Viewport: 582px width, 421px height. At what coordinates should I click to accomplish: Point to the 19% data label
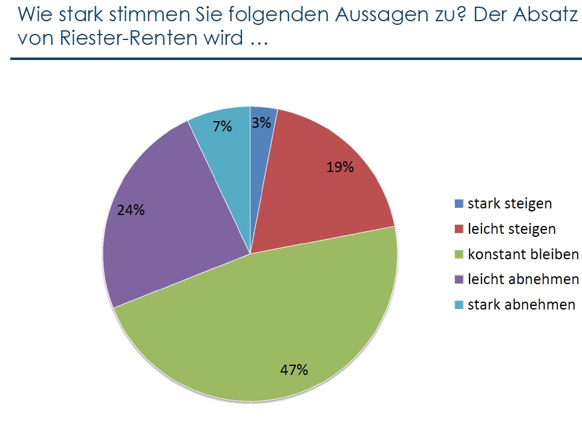(340, 167)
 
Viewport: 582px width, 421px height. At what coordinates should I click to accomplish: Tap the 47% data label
(295, 369)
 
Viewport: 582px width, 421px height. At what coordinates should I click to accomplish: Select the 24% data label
(131, 210)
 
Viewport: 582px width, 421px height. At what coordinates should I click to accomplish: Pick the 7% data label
(222, 127)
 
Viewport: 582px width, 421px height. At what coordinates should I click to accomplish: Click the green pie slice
(254, 327)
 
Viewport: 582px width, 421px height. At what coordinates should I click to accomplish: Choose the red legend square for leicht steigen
(459, 230)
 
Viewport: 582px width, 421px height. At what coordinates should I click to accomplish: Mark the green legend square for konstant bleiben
(459, 254)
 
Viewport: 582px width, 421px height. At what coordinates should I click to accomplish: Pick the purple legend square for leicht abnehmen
(459, 280)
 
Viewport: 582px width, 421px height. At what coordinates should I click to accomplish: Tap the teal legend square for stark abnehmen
(459, 305)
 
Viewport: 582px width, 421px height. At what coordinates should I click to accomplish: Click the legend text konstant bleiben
(523, 254)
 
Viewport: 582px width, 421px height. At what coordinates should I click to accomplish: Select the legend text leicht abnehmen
(522, 280)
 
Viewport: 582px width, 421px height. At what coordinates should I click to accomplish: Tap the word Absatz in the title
(544, 15)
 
